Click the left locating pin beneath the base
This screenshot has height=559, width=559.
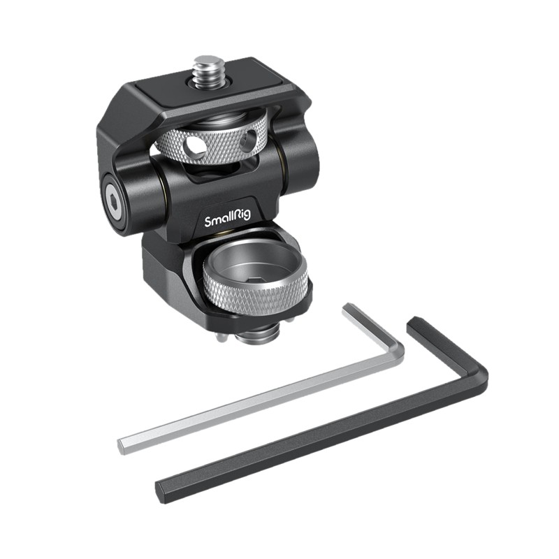tap(221, 337)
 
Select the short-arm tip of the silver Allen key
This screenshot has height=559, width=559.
tap(349, 307)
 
